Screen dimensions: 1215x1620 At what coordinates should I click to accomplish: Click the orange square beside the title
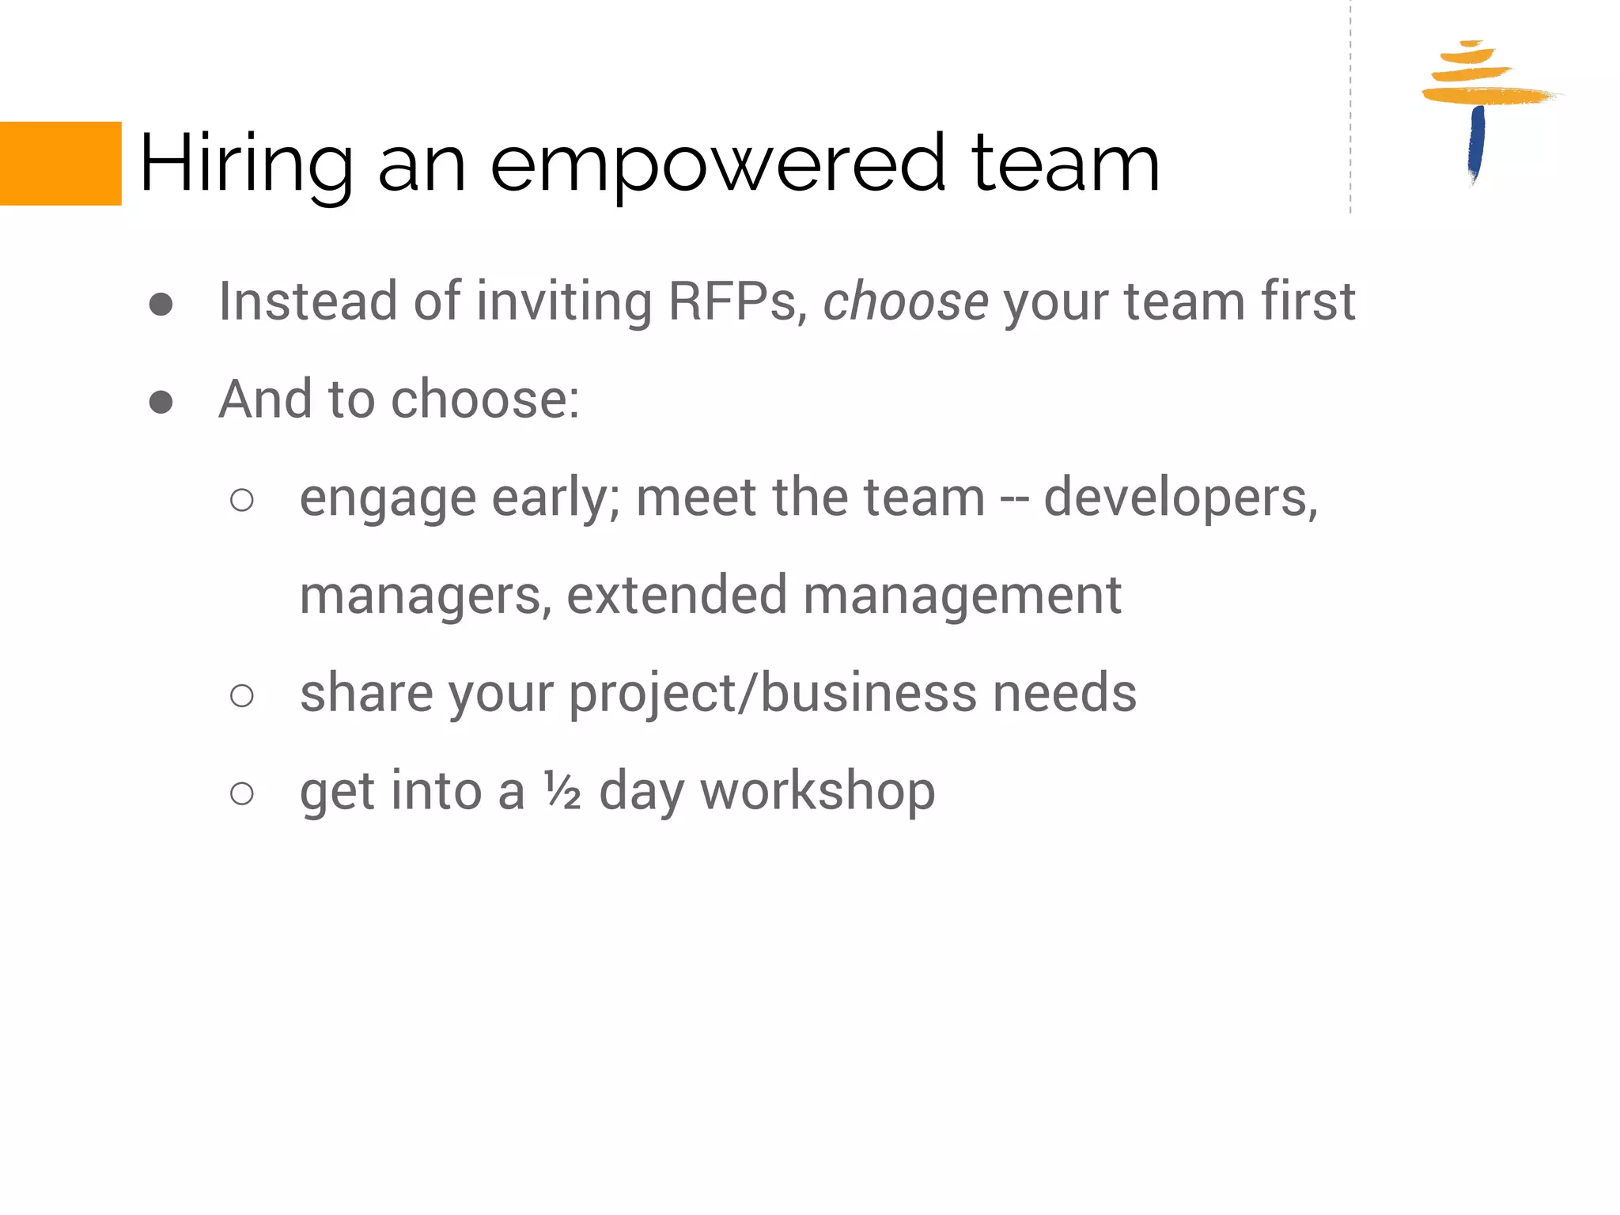[60, 164]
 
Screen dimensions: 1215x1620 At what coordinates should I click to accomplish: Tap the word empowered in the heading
[717, 164]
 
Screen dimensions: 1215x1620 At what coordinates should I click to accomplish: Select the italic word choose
[905, 301]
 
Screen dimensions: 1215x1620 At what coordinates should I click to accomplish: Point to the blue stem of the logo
[1476, 142]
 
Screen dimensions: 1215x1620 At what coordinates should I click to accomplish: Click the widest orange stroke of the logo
[1487, 96]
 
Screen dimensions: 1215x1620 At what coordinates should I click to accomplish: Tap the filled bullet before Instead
[161, 305]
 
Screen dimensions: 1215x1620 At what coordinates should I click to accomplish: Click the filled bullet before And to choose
[161, 402]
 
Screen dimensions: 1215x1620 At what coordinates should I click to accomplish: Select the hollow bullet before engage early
[241, 500]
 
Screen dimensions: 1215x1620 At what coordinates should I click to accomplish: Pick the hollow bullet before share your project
[241, 695]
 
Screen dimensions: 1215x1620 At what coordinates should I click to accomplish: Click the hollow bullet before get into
[241, 793]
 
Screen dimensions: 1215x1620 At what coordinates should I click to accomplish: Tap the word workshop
[817, 791]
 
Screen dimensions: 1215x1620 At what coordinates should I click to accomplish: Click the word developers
[1179, 498]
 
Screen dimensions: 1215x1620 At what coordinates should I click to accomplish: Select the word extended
[676, 595]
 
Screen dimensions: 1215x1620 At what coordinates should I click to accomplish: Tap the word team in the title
[1065, 164]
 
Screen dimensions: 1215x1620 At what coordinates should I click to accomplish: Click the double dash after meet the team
[1014, 500]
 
